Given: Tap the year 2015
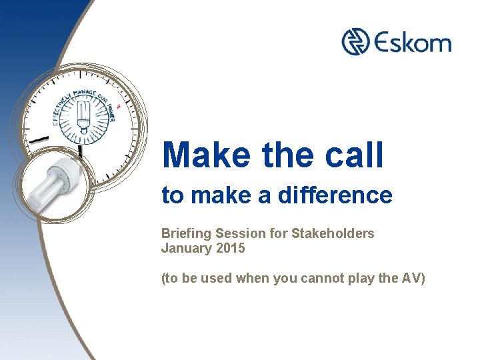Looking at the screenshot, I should (231, 249).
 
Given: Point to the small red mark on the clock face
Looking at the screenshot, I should (118, 106).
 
